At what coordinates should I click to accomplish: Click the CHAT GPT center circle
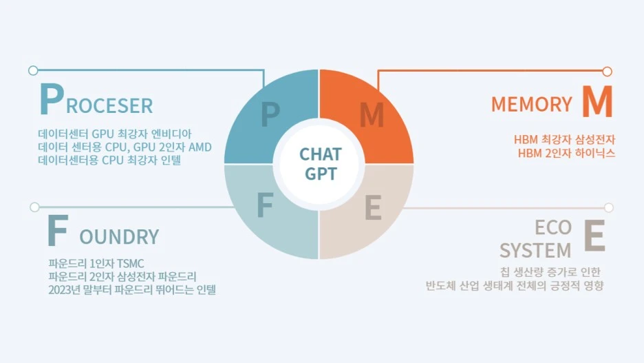click(x=319, y=164)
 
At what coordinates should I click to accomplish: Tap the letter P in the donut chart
click(x=270, y=115)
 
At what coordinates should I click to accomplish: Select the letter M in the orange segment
click(x=372, y=115)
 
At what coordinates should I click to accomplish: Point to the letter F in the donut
click(x=266, y=205)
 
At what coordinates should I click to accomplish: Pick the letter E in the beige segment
click(x=372, y=207)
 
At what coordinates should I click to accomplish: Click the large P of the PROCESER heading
click(x=51, y=101)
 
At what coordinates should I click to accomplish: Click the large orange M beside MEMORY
click(x=596, y=103)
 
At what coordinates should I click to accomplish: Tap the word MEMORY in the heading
click(x=531, y=105)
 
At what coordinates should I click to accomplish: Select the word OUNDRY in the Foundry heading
click(x=119, y=237)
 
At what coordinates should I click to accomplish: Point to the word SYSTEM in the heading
click(x=535, y=249)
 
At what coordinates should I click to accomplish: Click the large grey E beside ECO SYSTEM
click(x=594, y=236)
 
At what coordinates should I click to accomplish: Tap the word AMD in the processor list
click(x=199, y=147)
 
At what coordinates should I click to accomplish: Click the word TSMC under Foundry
click(x=130, y=264)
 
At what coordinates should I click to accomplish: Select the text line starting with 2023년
click(x=132, y=290)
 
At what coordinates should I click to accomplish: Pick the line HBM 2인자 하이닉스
click(x=566, y=153)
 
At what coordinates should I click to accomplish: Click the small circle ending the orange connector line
click(x=607, y=71)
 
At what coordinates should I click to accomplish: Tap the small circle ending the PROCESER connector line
click(x=33, y=70)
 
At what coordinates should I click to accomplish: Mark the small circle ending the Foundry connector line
click(x=34, y=207)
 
